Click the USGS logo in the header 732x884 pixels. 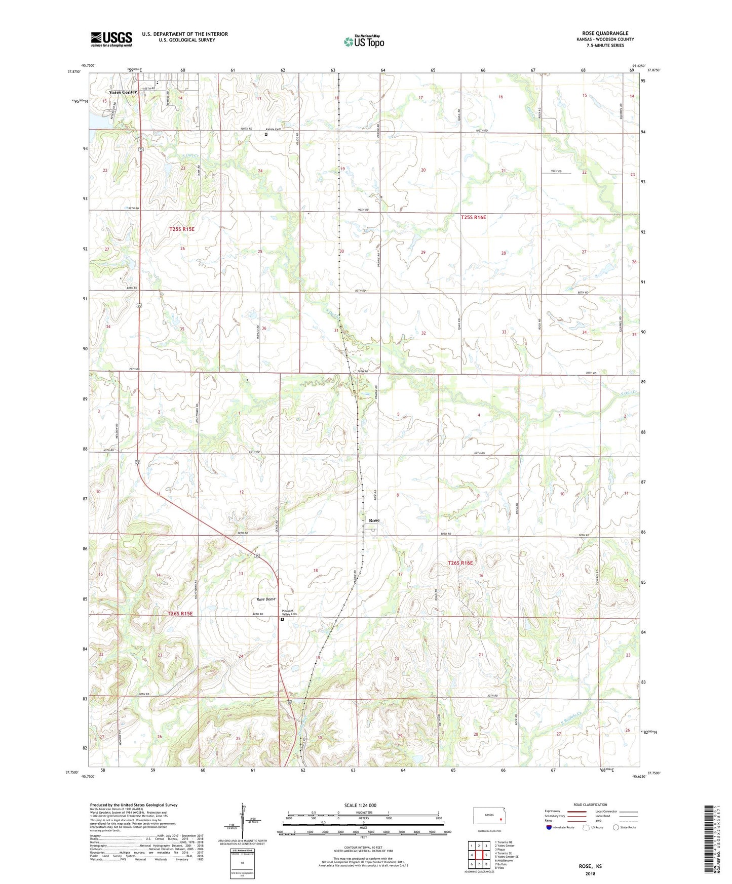(111, 39)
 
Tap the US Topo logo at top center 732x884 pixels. (364, 42)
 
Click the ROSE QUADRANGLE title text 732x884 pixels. (605, 33)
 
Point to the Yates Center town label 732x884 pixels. (123, 92)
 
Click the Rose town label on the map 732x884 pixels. (374, 520)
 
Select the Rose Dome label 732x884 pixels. (266, 599)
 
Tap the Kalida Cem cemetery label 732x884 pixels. (273, 129)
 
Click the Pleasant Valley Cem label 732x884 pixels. (287, 612)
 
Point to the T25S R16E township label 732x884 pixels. (473, 217)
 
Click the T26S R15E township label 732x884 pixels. (180, 614)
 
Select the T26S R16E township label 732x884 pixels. (460, 562)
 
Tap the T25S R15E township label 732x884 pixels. (181, 229)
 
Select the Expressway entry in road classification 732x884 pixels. (553, 811)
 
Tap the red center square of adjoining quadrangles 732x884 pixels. (479, 855)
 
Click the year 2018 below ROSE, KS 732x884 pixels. (590, 873)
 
